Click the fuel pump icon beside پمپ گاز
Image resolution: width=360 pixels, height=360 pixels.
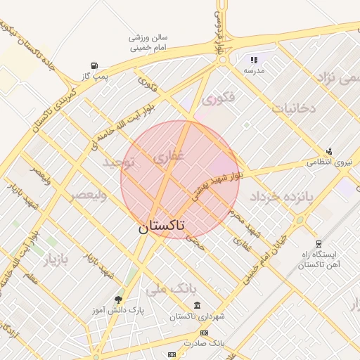tap(94, 66)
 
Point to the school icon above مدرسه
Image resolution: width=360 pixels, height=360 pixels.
tap(254, 60)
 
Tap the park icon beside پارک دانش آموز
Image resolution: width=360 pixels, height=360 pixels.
tap(118, 300)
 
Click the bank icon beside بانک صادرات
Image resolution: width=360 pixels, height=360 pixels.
tap(204, 333)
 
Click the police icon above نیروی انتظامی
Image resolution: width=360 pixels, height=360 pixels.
tap(328, 150)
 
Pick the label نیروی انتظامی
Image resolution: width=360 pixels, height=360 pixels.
tap(328, 162)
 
